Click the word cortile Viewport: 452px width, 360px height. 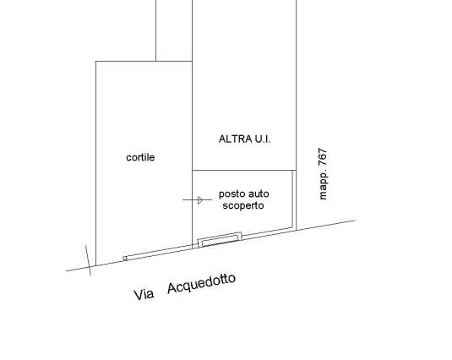pyautogui.click(x=140, y=157)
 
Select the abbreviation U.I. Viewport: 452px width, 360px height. pyautogui.click(x=262, y=139)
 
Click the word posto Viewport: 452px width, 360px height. pyautogui.click(x=231, y=194)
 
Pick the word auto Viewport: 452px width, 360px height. pyautogui.click(x=257, y=194)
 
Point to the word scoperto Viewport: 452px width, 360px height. pyautogui.click(x=243, y=206)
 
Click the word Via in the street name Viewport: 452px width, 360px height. pyautogui.click(x=144, y=295)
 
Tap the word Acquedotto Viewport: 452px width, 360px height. pyautogui.click(x=201, y=283)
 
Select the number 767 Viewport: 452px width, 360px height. pyautogui.click(x=323, y=157)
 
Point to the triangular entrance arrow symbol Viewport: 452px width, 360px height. pyautogui.click(x=200, y=199)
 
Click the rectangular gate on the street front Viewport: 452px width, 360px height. pyautogui.click(x=220, y=240)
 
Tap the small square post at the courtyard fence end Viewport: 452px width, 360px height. pyautogui.click(x=125, y=259)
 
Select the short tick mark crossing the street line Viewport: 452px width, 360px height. pyautogui.click(x=88, y=260)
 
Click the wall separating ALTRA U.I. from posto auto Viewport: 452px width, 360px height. pyautogui.click(x=244, y=170)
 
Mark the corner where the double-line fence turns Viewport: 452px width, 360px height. pyautogui.click(x=293, y=227)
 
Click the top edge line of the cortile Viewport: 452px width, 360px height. pyautogui.click(x=144, y=61)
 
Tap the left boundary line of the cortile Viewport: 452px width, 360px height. pyautogui.click(x=95, y=163)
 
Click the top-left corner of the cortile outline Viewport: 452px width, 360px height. pyautogui.click(x=95, y=61)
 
